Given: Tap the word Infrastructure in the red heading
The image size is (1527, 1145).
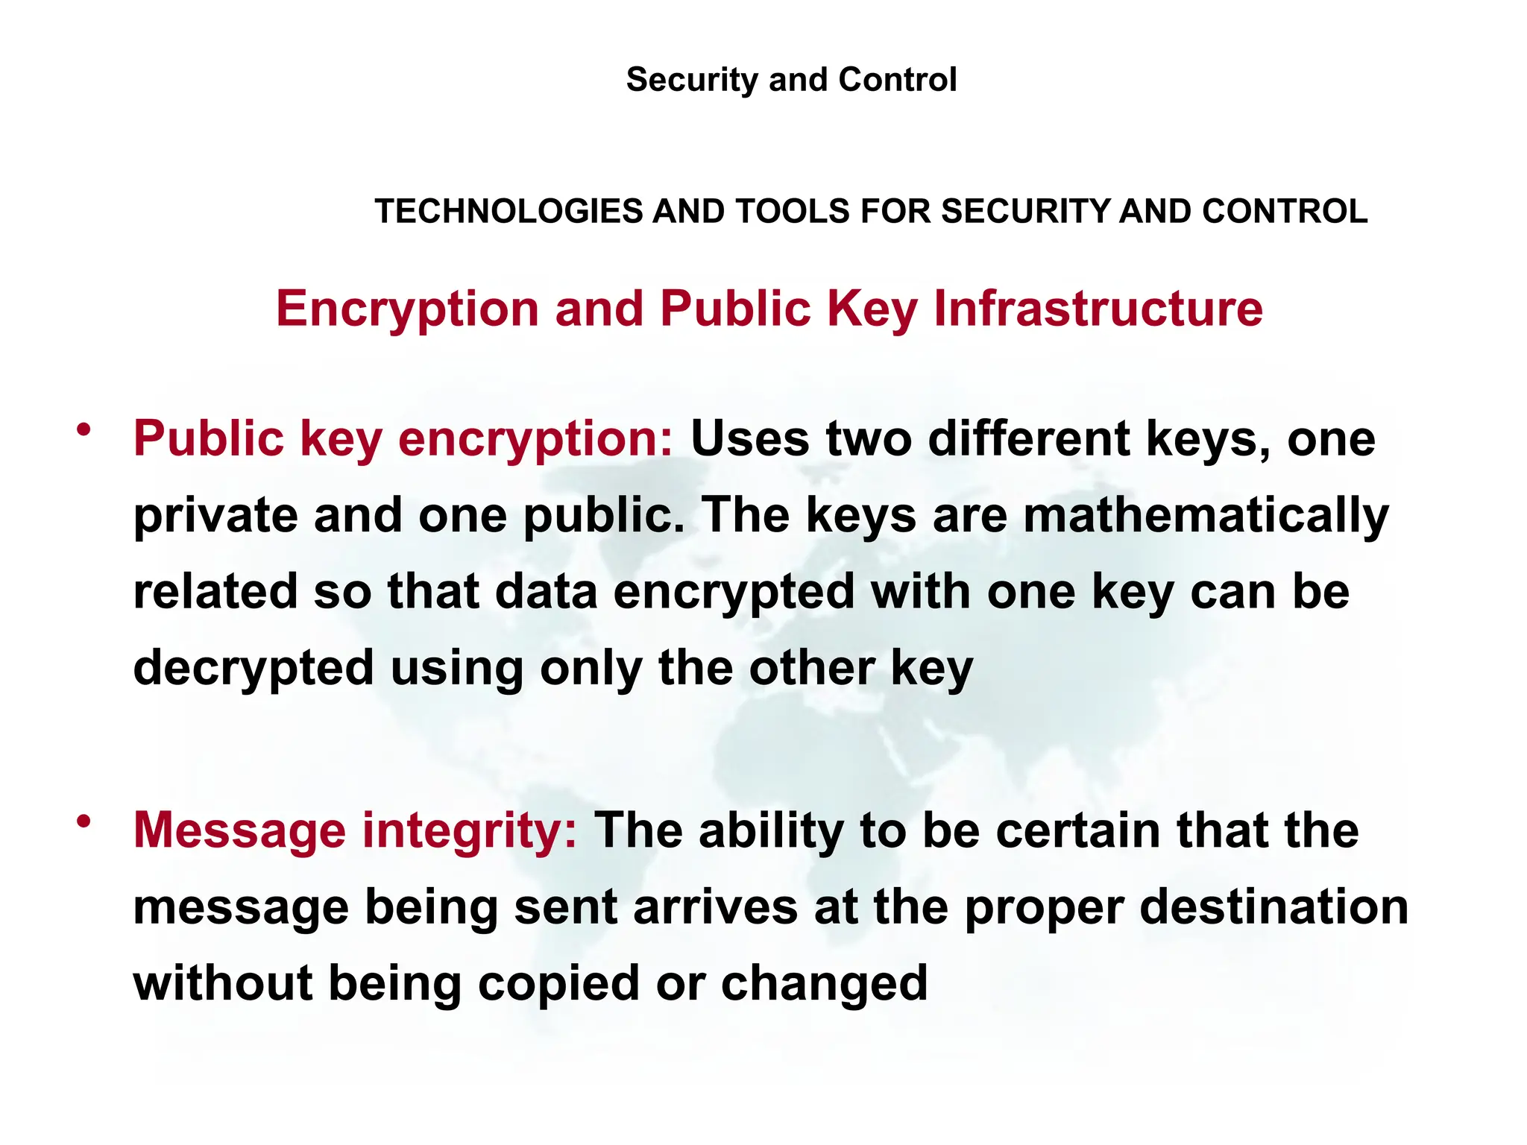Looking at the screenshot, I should click(x=1098, y=309).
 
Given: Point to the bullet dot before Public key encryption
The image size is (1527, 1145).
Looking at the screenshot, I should click(x=84, y=429).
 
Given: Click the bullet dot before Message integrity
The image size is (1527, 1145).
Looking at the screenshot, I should click(x=84, y=821).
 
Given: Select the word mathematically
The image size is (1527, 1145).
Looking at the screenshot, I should click(x=1206, y=516).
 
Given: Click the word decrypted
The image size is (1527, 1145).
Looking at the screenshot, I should click(x=254, y=669).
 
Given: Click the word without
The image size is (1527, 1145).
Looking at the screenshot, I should click(x=223, y=982).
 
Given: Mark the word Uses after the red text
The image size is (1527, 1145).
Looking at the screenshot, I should click(x=749, y=438).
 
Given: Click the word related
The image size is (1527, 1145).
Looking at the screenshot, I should click(x=215, y=591).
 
